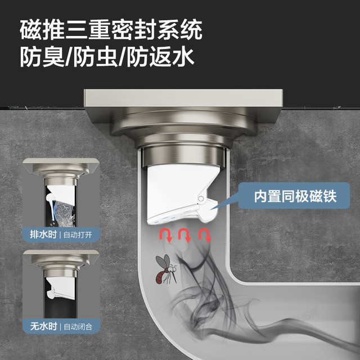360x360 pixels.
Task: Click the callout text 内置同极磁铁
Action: [x=295, y=196]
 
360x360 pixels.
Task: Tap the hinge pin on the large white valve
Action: [x=201, y=199]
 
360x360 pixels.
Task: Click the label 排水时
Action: [x=43, y=235]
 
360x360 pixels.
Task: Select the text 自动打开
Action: [x=78, y=235]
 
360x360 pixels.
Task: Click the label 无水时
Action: [x=44, y=326]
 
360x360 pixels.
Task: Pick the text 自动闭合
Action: [x=78, y=327]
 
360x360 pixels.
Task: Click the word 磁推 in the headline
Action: [x=42, y=30]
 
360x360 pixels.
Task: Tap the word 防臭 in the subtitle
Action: [x=42, y=57]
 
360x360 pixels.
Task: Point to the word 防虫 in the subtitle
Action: [x=96, y=57]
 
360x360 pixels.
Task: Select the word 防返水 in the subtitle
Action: [x=160, y=57]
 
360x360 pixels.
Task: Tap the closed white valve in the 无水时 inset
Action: [x=61, y=288]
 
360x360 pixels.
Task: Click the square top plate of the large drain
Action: [x=183, y=98]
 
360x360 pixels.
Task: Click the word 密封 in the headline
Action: [x=134, y=30]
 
